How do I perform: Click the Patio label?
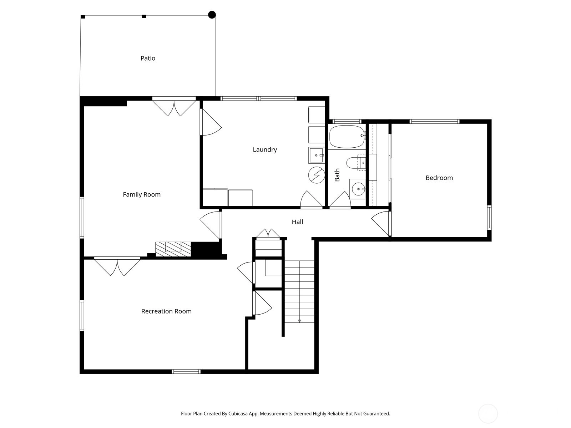pos(148,58)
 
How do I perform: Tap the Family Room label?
pos(142,195)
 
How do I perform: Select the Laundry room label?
pos(265,150)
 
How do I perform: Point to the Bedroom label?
pos(439,178)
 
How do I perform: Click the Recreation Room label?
pos(166,311)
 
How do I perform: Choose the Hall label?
pos(297,222)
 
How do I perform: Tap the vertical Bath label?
pos(337,175)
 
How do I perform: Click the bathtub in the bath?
pos(347,137)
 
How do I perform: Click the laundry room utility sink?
pos(316,156)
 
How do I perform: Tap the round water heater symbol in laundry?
pos(317,175)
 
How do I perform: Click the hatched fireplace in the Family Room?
pos(173,249)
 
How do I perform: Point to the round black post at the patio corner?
pos(212,15)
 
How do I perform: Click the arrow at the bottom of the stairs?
pos(299,321)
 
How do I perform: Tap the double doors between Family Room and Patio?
pos(174,107)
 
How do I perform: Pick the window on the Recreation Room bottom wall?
pos(186,372)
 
